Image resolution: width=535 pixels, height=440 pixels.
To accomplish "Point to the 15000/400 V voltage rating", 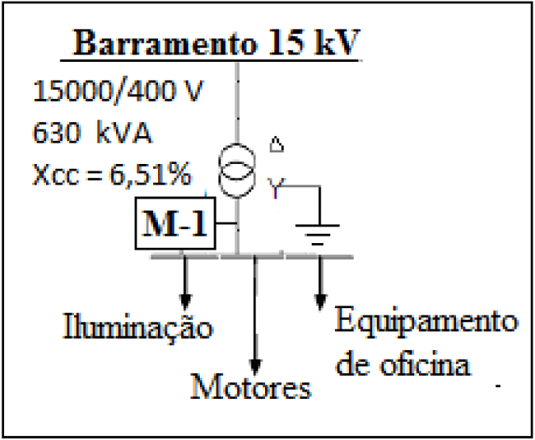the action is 115,90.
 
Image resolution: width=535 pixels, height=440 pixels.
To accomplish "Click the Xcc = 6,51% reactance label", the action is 112,175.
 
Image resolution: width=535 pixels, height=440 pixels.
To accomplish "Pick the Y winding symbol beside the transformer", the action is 277,189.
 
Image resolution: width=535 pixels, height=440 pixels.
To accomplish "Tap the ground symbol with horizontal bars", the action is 318,236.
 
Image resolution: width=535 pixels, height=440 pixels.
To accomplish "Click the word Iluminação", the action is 138,327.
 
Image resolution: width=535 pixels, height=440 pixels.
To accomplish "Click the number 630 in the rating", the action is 55,132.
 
